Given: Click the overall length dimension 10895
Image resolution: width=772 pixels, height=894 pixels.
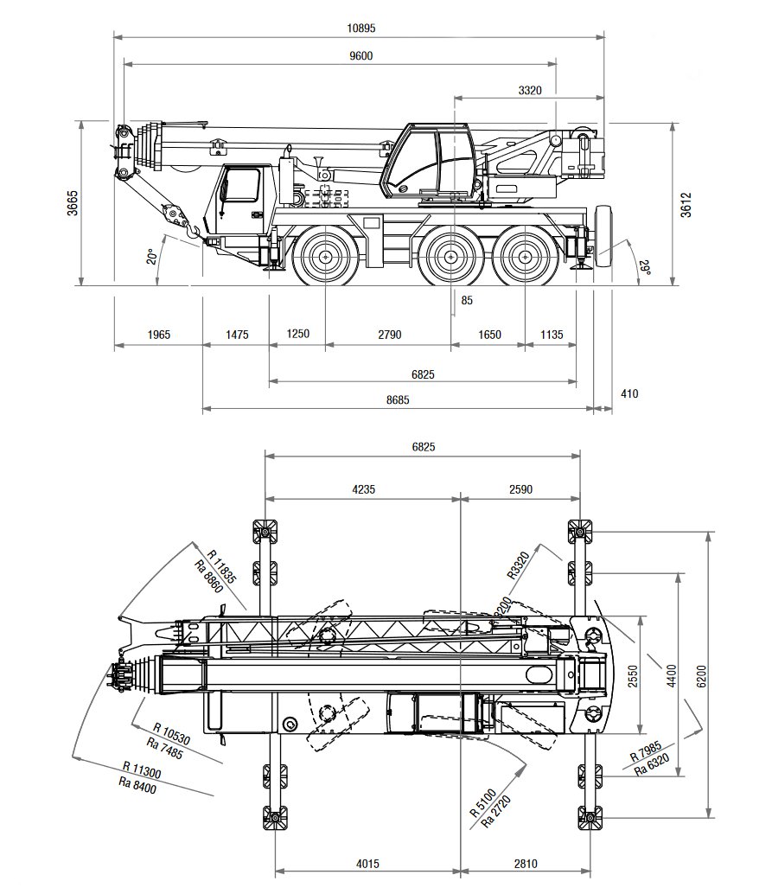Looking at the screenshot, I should point(361,28).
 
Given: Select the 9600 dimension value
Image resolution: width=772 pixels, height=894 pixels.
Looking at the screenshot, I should point(361,55).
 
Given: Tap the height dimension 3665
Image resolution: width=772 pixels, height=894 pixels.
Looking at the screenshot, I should point(73,202).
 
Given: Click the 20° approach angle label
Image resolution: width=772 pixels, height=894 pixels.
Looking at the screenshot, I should point(150,257).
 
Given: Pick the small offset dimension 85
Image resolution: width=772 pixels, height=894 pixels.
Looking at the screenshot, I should point(467,301).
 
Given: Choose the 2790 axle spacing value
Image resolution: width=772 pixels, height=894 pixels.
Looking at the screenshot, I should point(388,335).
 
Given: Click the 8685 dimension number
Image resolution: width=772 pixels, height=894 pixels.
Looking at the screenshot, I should point(398,399).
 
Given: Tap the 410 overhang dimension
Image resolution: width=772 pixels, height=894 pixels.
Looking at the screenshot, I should point(629,393).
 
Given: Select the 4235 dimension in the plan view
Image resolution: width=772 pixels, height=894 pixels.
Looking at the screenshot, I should point(363,489).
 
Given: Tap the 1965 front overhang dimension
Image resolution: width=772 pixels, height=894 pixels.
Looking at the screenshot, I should point(158,335).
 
